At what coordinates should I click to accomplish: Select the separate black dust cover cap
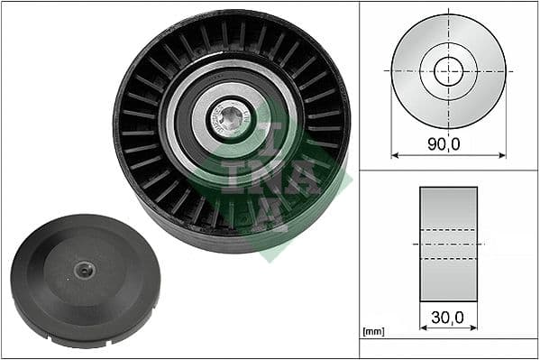pos(85,280)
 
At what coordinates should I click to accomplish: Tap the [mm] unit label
pos(372,332)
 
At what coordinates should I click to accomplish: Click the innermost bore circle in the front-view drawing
pos(448,70)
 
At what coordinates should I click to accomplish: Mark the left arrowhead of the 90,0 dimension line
pos(395,155)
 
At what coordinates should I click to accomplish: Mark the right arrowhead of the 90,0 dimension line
pos(502,155)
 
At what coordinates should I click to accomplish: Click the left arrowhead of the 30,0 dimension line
pos(423,328)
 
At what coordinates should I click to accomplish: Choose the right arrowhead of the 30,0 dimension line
pos(474,328)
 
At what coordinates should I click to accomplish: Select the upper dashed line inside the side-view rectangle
pos(448,229)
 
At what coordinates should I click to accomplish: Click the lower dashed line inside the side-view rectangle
pos(448,258)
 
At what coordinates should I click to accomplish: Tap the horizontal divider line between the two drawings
pos(448,170)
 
